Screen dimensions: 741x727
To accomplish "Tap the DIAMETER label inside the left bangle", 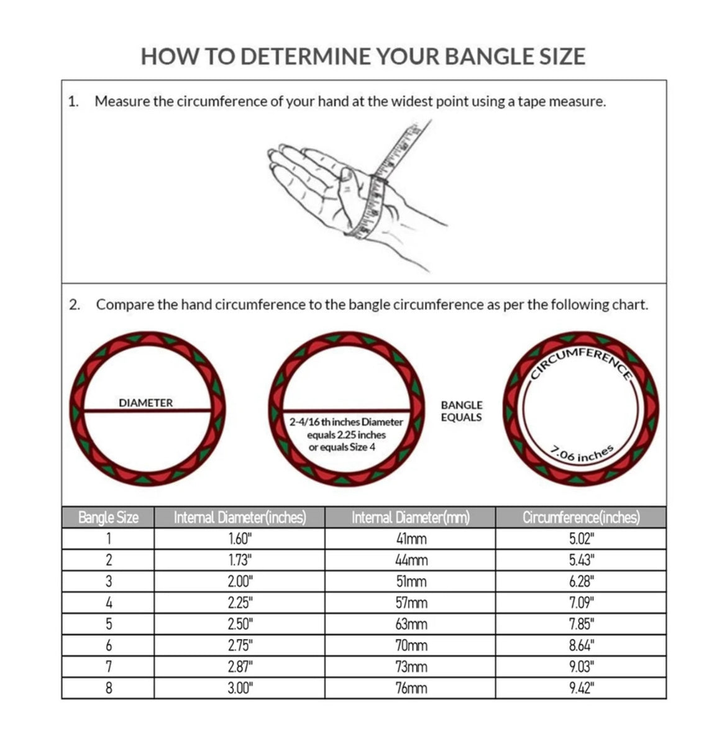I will [x=146, y=403].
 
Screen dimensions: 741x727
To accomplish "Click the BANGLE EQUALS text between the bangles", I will [x=462, y=411].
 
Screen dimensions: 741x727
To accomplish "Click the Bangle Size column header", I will [x=108, y=517].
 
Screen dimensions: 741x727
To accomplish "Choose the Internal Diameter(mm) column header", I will [x=411, y=517].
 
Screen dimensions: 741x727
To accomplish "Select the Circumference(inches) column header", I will [x=581, y=517].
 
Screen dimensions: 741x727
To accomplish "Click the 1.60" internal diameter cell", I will [x=240, y=539].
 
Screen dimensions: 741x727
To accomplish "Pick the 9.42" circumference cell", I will [x=582, y=688].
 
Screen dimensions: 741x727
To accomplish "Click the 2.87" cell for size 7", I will [x=240, y=667].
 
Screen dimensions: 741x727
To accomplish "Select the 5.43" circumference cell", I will [x=582, y=560].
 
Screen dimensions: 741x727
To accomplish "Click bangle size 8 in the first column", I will [x=109, y=688].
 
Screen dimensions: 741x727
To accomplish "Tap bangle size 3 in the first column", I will [x=109, y=582].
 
